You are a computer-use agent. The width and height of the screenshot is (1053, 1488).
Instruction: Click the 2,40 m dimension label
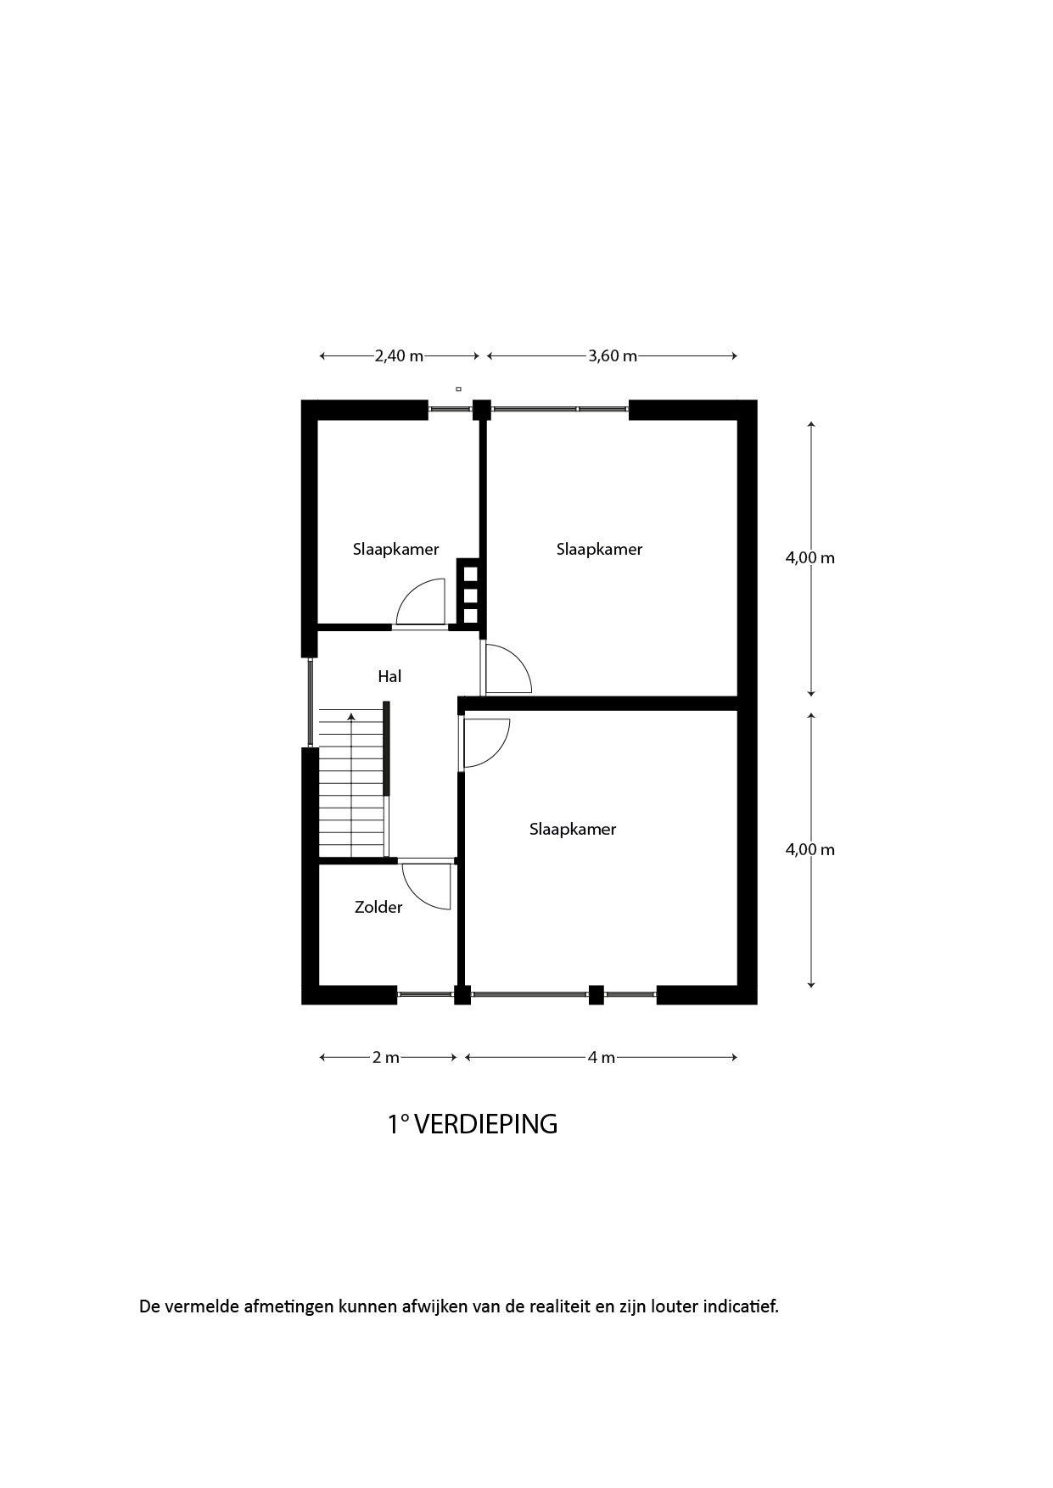[x=399, y=356]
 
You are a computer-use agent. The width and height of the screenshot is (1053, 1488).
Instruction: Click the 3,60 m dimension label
[x=613, y=356]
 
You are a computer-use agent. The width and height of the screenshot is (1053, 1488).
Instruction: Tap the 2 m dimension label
[x=386, y=1058]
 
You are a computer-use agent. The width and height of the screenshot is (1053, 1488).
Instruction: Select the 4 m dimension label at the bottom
[x=602, y=1058]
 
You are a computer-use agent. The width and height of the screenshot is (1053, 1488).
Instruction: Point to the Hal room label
[x=389, y=676]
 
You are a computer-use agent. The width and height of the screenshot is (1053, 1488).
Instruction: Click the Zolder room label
[x=378, y=908]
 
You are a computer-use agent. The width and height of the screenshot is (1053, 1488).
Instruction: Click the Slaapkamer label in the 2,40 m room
[x=396, y=549]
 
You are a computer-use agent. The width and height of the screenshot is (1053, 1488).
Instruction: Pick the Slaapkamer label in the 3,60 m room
[x=600, y=549]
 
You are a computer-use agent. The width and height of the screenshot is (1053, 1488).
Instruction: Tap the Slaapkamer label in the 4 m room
[x=573, y=829]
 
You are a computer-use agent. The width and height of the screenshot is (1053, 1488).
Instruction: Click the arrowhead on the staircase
[x=351, y=717]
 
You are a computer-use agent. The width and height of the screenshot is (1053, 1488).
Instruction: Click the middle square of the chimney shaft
[x=470, y=595]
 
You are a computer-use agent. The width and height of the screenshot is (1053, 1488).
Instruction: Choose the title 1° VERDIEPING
[x=473, y=1124]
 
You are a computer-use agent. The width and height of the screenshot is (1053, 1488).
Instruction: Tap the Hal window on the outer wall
[x=311, y=702]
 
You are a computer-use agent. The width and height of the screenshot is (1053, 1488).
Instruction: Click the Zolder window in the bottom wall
[x=425, y=994]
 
